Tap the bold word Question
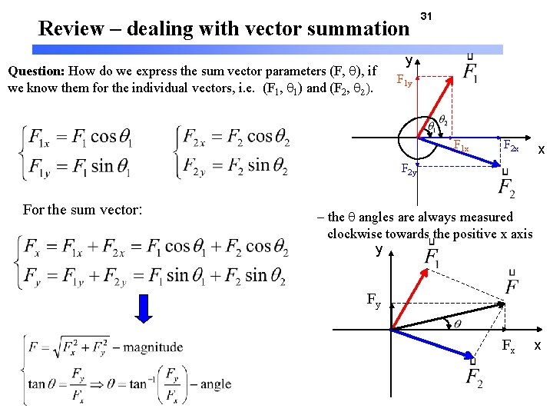35,71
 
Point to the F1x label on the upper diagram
461,146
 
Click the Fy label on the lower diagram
373,304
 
